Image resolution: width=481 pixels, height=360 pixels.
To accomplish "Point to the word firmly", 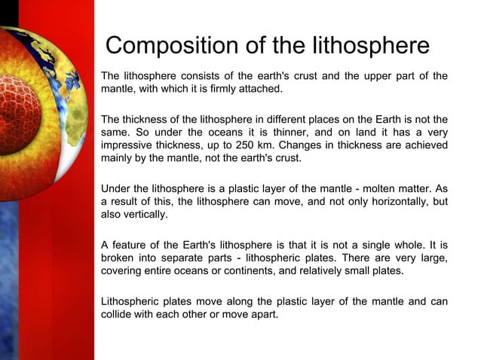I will coord(226,89).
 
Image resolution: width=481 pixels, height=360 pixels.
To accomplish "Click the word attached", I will coord(264,89).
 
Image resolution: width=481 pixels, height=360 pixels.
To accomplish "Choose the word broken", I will coord(119,258).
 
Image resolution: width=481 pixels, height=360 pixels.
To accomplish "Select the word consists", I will coord(202,76).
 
